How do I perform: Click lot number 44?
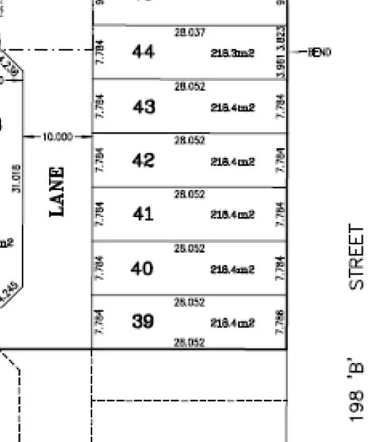pos(143,52)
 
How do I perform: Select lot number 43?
pos(144,107)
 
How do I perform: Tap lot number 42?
pos(143,161)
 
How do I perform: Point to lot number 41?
pos(142,214)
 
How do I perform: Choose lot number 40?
pos(142,268)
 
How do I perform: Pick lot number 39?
pos(143,321)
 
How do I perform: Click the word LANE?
pos(57,192)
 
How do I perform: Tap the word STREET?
pos(356,257)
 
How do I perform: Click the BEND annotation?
pos(318,53)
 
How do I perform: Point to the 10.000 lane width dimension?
pos(57,137)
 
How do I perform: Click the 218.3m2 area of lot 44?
pos(232,54)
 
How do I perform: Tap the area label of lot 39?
pos(232,323)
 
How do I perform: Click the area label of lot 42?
pos(232,162)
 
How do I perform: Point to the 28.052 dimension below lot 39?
pos(189,342)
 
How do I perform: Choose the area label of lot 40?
pos(232,269)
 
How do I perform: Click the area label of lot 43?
pos(232,108)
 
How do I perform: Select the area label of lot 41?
pos(232,215)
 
